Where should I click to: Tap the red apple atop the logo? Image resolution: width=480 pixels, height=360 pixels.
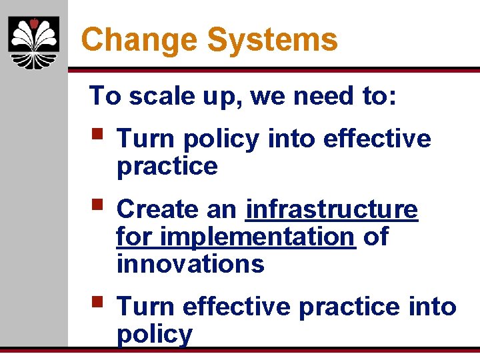point(33,24)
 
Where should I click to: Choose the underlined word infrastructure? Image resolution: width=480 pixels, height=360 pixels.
point(331,209)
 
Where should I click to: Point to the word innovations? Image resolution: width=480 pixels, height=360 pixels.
point(190,265)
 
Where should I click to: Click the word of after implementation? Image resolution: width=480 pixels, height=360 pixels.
point(375,237)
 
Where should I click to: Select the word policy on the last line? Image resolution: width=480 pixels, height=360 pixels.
point(154,334)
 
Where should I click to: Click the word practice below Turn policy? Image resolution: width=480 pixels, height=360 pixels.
point(167,167)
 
